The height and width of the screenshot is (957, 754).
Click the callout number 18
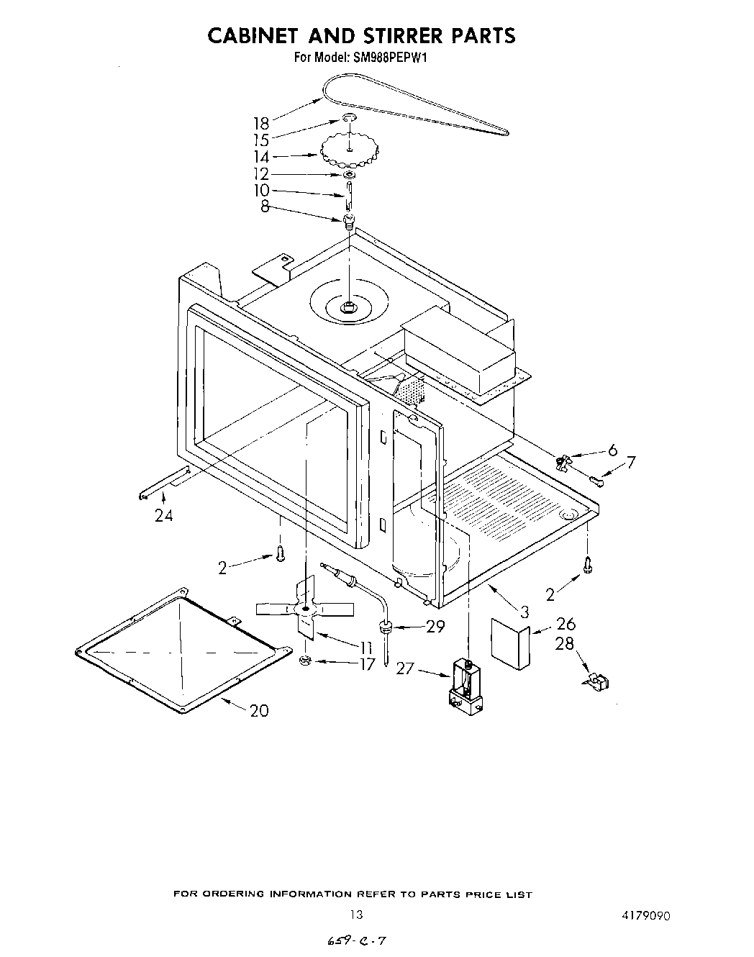pos(260,122)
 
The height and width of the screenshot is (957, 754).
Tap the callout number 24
pos(163,515)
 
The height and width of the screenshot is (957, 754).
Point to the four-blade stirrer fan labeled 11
pos(304,611)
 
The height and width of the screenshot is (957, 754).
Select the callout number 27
pos(406,669)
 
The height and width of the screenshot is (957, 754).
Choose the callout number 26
pos(565,624)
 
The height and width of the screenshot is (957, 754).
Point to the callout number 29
pos(435,627)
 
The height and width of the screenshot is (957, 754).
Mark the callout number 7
pos(630,462)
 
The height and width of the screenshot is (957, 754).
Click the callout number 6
pos(612,450)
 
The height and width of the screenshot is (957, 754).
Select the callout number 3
pos(524,612)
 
